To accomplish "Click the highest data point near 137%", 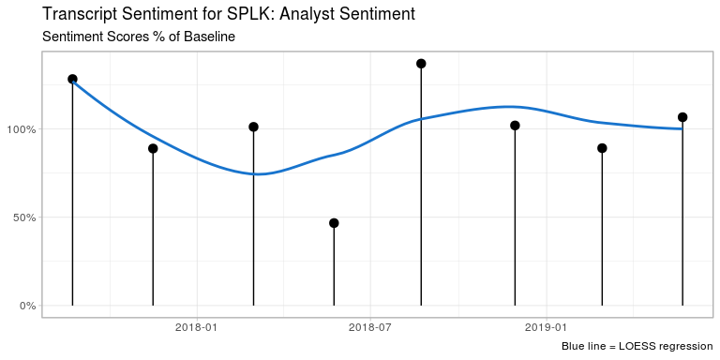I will click(421, 64).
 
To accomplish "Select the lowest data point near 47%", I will click(334, 223).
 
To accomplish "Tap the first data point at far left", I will click(72, 80).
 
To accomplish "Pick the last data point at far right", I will click(682, 117).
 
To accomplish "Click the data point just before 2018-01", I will click(153, 148).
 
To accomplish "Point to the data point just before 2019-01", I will click(515, 126).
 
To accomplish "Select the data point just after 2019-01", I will click(602, 148).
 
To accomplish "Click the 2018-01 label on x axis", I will click(197, 327).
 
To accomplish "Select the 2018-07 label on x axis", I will click(369, 327).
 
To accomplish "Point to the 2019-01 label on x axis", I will click(546, 327).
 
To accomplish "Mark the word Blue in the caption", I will click(574, 348).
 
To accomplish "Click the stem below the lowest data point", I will click(334, 267).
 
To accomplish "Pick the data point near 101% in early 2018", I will click(253, 127).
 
